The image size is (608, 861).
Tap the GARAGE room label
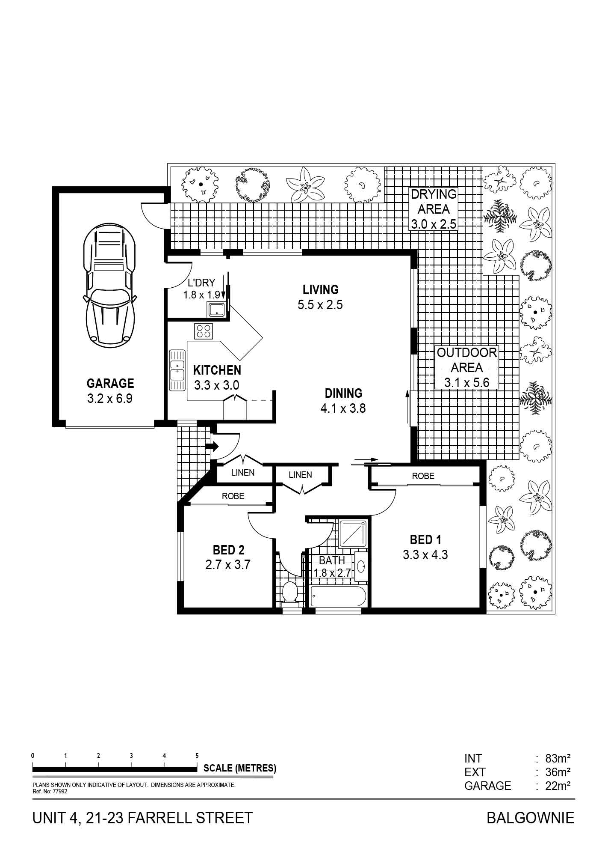tap(110, 383)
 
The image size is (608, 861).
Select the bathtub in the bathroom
tap(338, 596)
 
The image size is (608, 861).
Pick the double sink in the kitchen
tap(177, 370)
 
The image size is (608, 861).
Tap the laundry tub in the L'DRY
tap(216, 309)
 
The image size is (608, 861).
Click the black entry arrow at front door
tap(212, 447)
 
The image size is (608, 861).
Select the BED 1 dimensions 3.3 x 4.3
tap(425, 555)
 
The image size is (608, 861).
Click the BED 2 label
tap(228, 549)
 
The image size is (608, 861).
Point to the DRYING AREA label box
tap(434, 209)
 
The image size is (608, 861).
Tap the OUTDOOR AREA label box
tap(466, 367)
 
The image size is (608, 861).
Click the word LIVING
tap(321, 289)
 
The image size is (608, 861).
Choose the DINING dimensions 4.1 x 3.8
tap(343, 408)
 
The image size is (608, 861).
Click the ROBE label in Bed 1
tap(423, 476)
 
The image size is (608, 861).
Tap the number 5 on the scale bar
tap(197, 756)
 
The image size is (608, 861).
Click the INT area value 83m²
tap(558, 759)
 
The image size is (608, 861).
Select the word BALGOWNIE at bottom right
tap(531, 818)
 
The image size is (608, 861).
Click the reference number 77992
tap(59, 792)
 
